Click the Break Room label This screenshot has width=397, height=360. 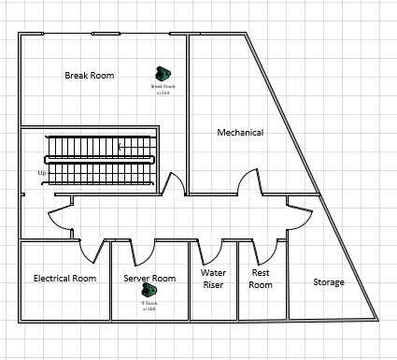tap(90, 75)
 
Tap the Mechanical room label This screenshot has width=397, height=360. tap(240, 133)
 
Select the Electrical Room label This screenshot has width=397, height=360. tap(64, 279)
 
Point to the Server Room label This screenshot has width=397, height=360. tap(149, 279)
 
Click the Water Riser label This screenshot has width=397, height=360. tap(214, 279)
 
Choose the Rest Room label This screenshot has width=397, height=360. tap(262, 279)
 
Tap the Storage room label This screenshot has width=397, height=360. tap(329, 282)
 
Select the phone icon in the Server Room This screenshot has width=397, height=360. tap(149, 292)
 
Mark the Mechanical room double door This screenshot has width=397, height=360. tap(246, 182)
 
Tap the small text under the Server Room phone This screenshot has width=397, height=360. tap(149, 306)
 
